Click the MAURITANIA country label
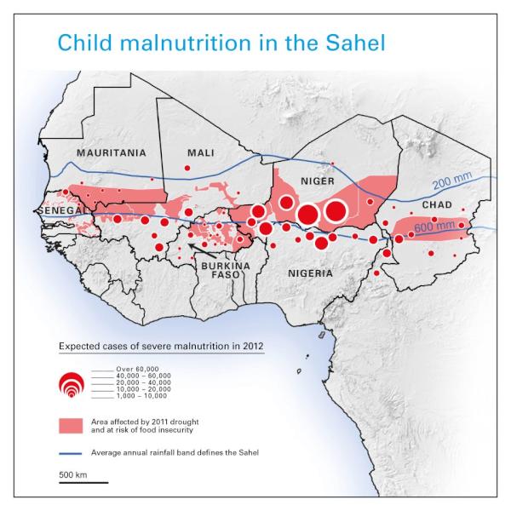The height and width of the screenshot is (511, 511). point(111,153)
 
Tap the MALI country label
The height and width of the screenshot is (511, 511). point(200,152)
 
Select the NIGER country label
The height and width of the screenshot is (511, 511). point(315,181)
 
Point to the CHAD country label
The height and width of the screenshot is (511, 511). point(437,205)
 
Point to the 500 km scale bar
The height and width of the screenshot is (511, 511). point(83,482)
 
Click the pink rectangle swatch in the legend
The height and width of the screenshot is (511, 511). point(82,425)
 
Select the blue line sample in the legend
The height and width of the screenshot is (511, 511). point(82,451)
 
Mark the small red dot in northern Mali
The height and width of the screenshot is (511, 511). point(187,169)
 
